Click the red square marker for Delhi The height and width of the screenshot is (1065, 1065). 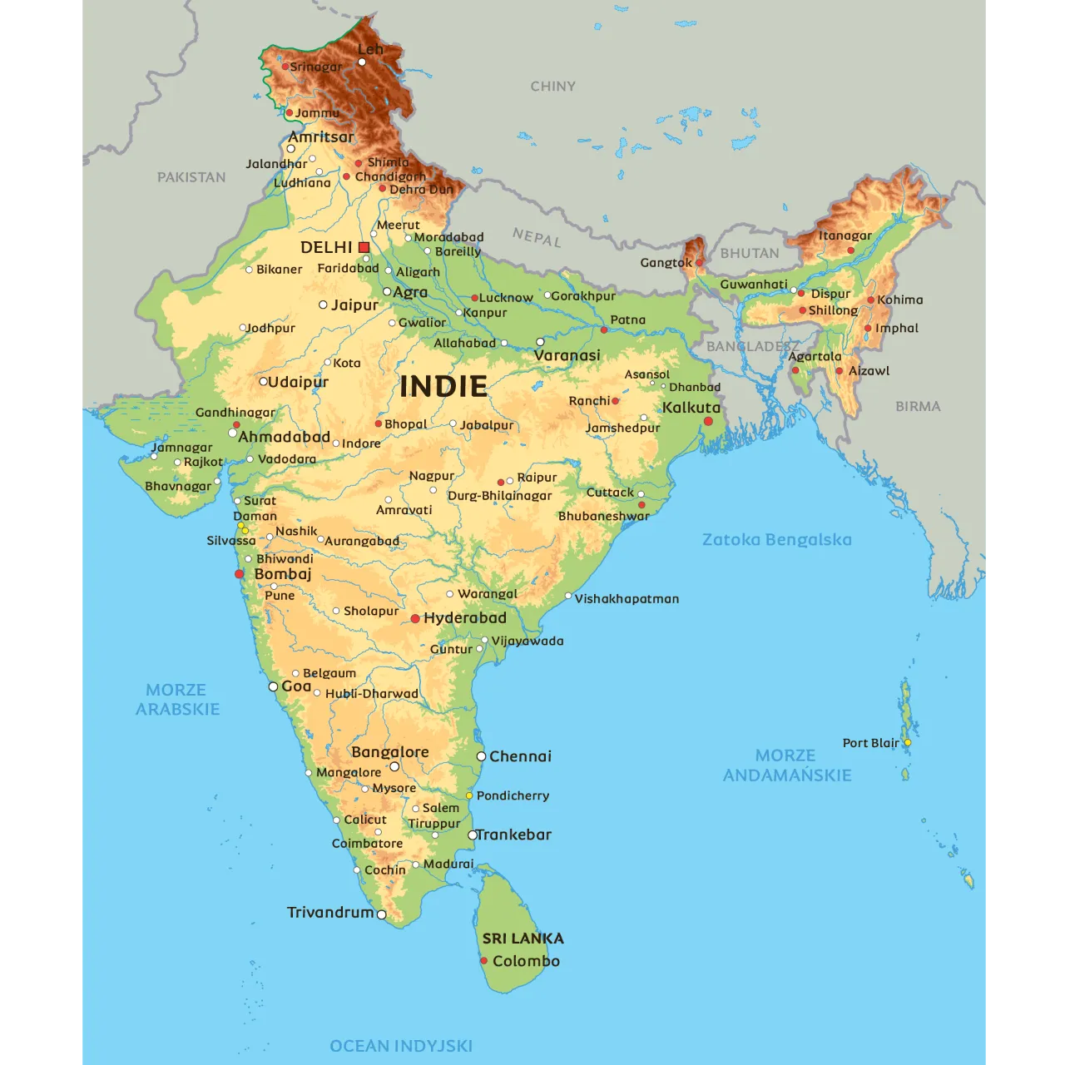[364, 247]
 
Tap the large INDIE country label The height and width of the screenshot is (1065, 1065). [443, 386]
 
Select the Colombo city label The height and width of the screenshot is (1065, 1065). [526, 961]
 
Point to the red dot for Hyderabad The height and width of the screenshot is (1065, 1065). [415, 619]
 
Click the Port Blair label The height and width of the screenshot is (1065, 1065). [870, 743]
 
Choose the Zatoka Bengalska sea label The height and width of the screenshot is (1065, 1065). [776, 539]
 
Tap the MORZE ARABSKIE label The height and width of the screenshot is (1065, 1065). [177, 699]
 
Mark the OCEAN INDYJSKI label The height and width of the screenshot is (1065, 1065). [401, 1046]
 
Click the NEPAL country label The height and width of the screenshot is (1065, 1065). [537, 237]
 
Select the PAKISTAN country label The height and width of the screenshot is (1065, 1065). [191, 177]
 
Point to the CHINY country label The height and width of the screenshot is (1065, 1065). [552, 86]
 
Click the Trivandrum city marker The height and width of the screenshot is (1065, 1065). [382, 914]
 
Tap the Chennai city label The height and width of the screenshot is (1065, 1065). [520, 756]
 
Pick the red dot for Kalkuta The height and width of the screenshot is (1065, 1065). [708, 422]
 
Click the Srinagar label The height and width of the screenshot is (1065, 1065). [315, 67]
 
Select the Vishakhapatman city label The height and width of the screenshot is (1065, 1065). [627, 598]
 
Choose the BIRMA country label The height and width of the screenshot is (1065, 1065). [918, 406]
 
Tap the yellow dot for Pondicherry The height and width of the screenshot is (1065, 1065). [469, 795]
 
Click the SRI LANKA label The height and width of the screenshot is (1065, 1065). [523, 938]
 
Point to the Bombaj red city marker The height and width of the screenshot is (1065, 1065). [240, 574]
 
